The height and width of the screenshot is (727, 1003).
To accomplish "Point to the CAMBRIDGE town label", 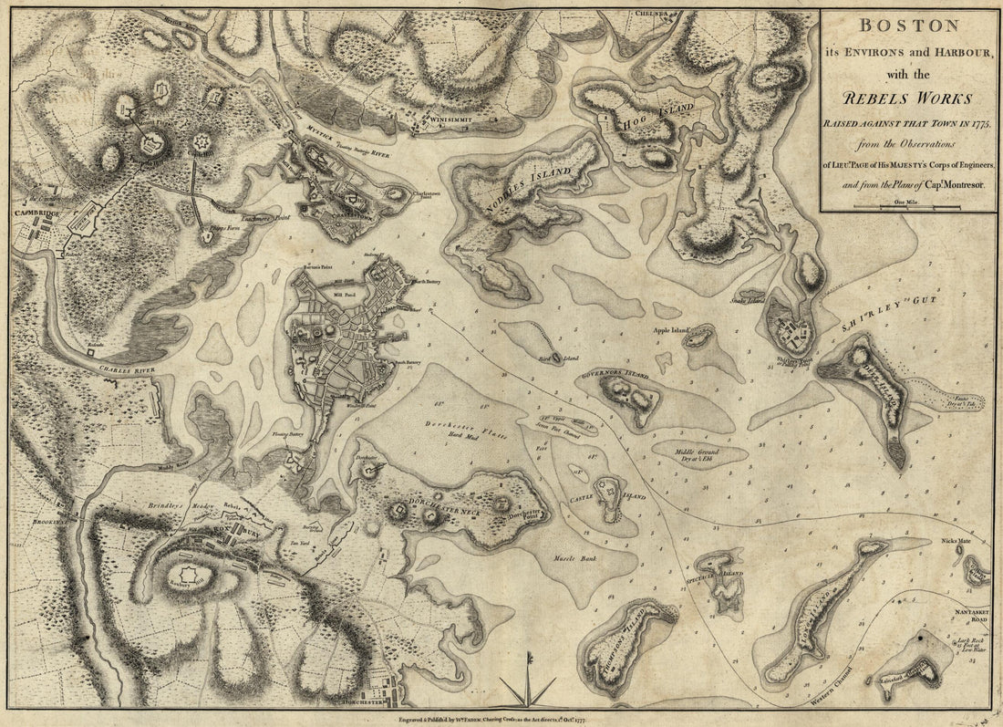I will [x=31, y=213].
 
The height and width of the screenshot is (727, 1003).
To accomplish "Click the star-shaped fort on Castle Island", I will [x=606, y=489].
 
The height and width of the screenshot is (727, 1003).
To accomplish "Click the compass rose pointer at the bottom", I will [x=527, y=693].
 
